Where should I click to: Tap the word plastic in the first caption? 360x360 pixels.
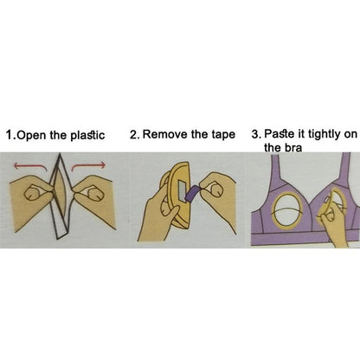87,135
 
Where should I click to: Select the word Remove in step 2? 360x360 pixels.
165,134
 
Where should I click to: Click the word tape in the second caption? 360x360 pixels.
223,135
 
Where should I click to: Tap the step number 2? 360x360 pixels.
134,134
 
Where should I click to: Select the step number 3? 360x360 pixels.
256,134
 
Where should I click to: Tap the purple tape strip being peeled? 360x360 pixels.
191,193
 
